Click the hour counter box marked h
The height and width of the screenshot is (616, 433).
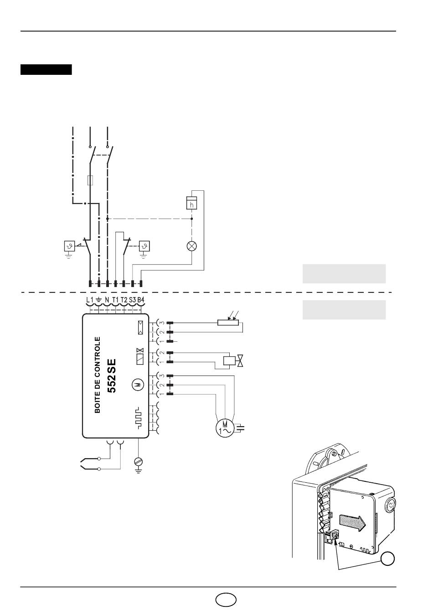pos(191,203)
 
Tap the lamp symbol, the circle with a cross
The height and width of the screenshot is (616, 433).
pos(192,246)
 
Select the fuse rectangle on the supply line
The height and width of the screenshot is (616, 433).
pos(90,180)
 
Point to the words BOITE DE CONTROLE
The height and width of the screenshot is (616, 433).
pos(97,375)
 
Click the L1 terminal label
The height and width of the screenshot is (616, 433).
pos(90,300)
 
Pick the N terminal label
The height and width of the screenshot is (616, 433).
pos(107,300)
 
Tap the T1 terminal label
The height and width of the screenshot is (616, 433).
pos(115,300)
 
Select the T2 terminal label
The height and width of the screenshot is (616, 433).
pos(124,300)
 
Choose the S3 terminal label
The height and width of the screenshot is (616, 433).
pos(133,300)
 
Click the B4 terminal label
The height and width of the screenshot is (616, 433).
pos(141,300)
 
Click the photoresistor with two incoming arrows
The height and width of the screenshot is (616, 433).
pos(228,322)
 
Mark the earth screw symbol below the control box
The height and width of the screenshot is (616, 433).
pos(138,462)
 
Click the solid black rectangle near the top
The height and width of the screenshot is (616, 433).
pos(46,69)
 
